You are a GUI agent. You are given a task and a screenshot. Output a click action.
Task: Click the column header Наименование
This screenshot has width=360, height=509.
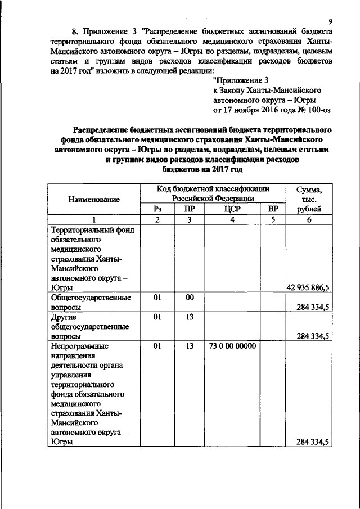point(94,199)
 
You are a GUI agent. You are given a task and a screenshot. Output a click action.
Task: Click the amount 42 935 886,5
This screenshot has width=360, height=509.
point(308,287)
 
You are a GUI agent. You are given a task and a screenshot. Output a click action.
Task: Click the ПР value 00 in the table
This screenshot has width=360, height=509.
point(190,297)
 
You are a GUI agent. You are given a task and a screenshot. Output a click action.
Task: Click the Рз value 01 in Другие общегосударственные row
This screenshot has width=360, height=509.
point(157,317)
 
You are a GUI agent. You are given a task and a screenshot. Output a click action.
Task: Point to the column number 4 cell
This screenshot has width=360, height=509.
point(232,219)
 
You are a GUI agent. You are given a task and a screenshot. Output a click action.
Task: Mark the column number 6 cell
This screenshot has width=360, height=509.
point(308,219)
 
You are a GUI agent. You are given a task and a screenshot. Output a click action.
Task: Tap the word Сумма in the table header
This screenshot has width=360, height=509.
point(308,190)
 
